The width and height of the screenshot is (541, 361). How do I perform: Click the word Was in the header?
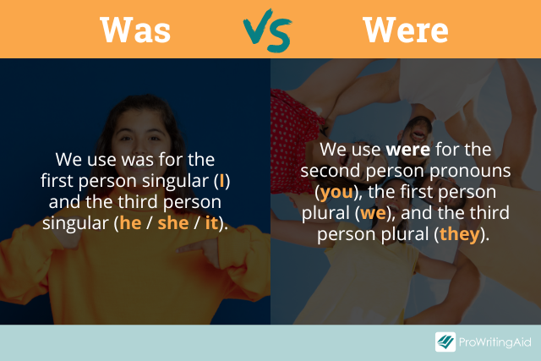pyautogui.click(x=135, y=30)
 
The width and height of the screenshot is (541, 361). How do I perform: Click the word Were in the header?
pyautogui.click(x=406, y=30)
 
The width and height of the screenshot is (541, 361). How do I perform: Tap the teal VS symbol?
pyautogui.click(x=268, y=30)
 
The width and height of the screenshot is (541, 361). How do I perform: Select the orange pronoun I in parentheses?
pyautogui.click(x=221, y=181)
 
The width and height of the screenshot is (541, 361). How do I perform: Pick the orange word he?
pyautogui.click(x=130, y=223)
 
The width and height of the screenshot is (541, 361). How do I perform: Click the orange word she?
pyautogui.click(x=172, y=223)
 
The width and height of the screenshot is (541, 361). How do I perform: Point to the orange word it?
pyautogui.click(x=211, y=223)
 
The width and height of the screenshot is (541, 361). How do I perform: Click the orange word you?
pyautogui.click(x=336, y=192)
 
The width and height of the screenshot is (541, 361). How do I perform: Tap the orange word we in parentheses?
pyautogui.click(x=373, y=213)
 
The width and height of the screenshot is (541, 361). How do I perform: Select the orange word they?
pyautogui.click(x=460, y=234)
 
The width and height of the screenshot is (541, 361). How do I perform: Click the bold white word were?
pyautogui.click(x=407, y=150)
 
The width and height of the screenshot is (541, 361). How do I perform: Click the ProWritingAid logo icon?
pyautogui.click(x=445, y=342)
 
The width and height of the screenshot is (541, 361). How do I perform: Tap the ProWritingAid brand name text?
pyautogui.click(x=495, y=342)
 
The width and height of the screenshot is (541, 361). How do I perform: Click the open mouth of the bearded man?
pyautogui.click(x=418, y=134)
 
